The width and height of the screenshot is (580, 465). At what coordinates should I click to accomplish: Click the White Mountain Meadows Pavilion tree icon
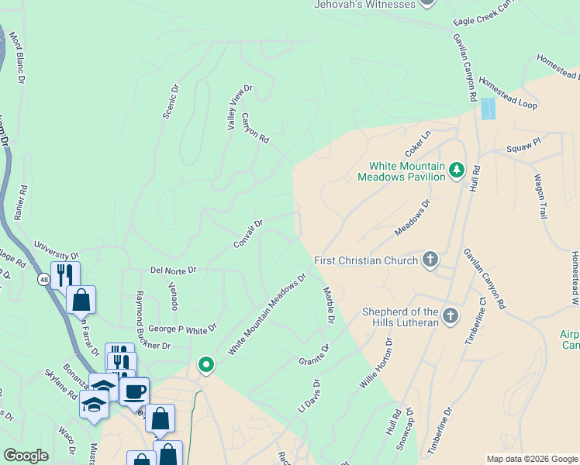pos(457,169)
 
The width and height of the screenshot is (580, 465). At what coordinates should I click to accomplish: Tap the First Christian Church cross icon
pos(430,260)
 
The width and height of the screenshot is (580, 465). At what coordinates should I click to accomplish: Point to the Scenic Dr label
pos(171,102)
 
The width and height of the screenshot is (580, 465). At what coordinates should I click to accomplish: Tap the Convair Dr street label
pos(249,234)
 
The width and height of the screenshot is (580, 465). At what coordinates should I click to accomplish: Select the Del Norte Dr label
pos(174,270)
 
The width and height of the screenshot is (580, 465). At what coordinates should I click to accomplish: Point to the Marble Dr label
pos(328,305)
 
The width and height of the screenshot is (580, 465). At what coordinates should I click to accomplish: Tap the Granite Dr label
pos(314,356)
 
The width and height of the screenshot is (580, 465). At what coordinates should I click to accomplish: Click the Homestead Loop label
pos(508,92)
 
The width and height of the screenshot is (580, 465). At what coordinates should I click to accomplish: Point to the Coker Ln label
pos(416,143)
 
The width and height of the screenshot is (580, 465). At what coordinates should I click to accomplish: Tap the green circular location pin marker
pos(205,363)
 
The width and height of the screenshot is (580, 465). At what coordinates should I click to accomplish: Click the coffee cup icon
pos(135,391)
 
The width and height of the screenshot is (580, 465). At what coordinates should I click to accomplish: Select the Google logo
pos(26,456)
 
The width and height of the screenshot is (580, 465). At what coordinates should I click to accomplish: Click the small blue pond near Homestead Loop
pos(487,109)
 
